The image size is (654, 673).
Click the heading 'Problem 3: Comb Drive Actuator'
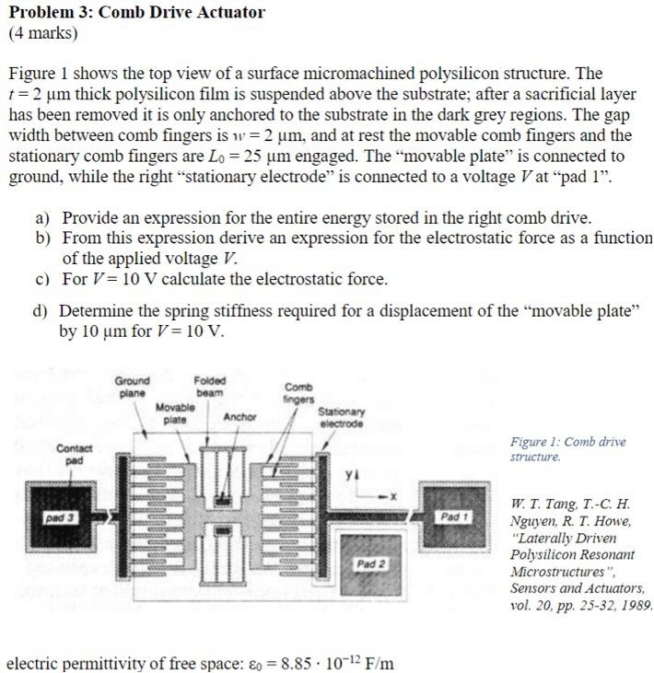pyautogui.click(x=136, y=13)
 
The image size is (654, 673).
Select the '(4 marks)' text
pyautogui.click(x=43, y=34)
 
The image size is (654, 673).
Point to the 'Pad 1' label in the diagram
pyautogui.click(x=455, y=517)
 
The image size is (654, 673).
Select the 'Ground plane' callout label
pyautogui.click(x=133, y=387)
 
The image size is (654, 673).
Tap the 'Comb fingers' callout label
pyautogui.click(x=299, y=394)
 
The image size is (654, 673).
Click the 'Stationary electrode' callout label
pyautogui.click(x=342, y=418)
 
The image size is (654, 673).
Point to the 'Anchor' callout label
pyautogui.click(x=239, y=416)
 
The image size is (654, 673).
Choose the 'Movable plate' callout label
pyautogui.click(x=175, y=412)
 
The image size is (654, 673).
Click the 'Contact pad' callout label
pyautogui.click(x=70, y=453)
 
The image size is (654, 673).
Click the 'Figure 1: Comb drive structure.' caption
pyautogui.click(x=567, y=449)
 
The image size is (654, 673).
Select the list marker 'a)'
pyautogui.click(x=42, y=219)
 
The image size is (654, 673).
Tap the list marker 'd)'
pyautogui.click(x=42, y=311)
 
